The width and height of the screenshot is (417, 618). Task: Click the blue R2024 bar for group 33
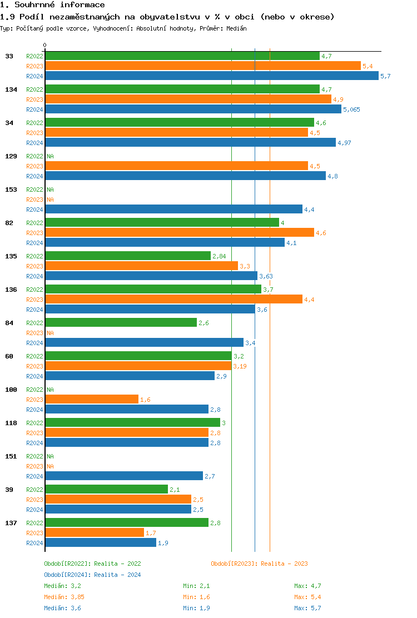point(211,76)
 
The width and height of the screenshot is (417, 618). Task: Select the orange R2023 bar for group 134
point(188,99)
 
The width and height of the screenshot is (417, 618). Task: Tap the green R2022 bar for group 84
point(121,323)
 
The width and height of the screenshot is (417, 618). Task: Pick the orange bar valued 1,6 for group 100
point(92,400)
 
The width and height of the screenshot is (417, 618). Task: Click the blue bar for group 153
point(173,210)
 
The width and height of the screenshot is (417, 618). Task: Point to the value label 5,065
point(351,109)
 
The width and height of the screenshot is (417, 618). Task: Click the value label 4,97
point(345,143)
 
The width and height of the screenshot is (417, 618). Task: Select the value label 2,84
point(219,256)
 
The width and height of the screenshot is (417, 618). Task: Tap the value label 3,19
point(240,366)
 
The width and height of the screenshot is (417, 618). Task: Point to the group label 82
point(9,223)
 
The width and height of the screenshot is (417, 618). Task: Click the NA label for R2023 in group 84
point(50,333)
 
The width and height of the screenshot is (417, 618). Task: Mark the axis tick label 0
point(45,45)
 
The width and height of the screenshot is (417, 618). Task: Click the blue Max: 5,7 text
point(307,608)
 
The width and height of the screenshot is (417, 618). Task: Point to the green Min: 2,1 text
point(196,586)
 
